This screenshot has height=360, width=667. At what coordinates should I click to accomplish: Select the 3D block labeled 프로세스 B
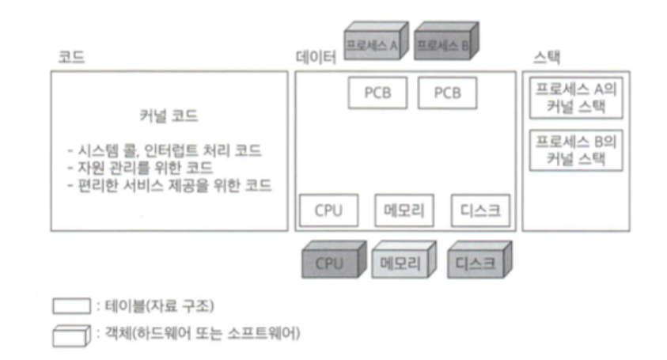[441, 44]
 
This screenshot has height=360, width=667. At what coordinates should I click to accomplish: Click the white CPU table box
[328, 210]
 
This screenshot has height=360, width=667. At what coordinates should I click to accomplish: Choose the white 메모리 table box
[400, 210]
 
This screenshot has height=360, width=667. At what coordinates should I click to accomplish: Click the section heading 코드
[71, 58]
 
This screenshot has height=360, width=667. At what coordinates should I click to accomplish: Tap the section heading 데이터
[315, 58]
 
